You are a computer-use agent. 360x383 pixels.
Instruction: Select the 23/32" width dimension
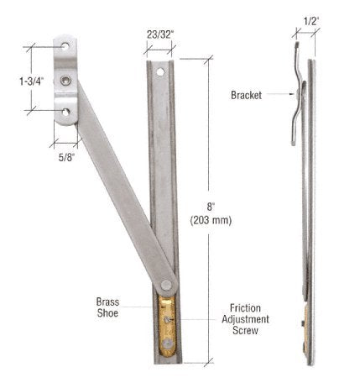[159, 36]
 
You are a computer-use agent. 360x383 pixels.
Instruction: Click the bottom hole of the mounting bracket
[65, 112]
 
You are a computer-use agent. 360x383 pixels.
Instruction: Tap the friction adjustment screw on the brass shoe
[171, 319]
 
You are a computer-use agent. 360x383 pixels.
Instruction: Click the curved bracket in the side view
[299, 92]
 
